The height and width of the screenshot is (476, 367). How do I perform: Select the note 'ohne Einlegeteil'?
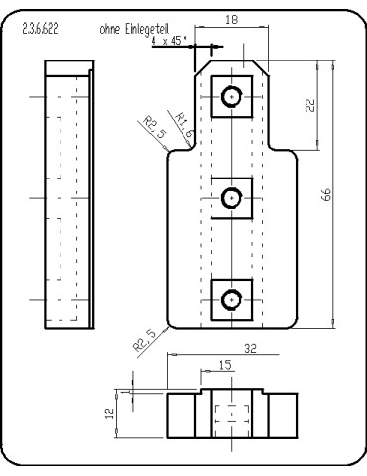127,30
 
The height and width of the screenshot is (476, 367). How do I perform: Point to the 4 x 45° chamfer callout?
169,43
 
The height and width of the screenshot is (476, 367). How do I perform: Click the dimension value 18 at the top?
231,18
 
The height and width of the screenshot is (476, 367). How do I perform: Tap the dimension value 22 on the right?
310,106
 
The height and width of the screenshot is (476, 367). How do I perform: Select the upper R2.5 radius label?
150,126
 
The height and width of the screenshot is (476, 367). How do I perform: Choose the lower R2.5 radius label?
144,340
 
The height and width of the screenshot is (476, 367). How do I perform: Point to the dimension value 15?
226,365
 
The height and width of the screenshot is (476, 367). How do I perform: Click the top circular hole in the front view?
232,96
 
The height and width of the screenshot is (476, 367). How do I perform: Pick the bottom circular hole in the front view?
232,298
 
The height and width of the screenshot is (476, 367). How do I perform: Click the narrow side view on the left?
68,196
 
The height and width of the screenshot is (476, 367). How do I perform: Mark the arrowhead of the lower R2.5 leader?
169,327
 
